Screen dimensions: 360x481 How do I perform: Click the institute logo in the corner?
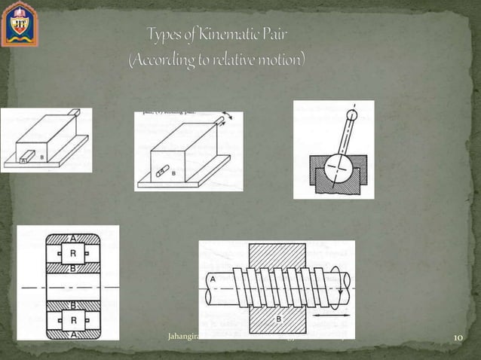point(19,23)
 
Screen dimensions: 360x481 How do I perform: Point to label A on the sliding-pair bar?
point(23,160)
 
